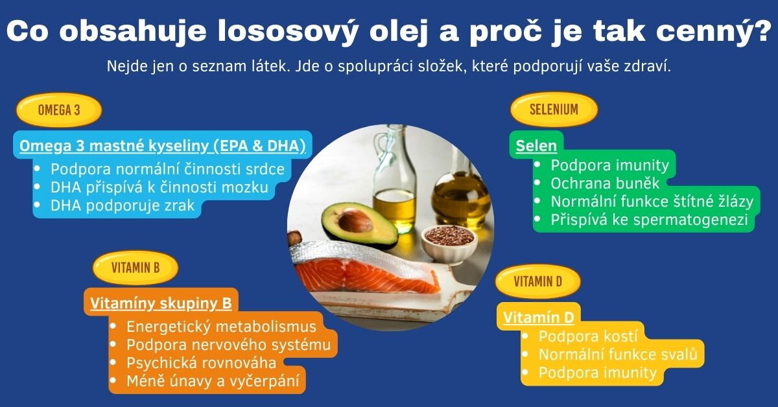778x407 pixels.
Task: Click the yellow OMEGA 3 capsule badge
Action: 59,110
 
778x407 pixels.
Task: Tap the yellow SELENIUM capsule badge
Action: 554,110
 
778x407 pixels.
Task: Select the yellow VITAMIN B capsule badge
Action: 136,268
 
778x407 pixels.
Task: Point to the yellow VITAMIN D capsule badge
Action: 537,281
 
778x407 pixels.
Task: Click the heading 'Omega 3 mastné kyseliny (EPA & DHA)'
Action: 163,146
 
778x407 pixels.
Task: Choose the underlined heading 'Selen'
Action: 536,146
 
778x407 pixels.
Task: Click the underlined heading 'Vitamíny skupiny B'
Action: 161,303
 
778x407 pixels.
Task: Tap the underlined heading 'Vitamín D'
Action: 539,318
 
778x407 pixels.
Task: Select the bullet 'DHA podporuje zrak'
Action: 123,205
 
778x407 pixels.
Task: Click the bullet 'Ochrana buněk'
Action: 605,183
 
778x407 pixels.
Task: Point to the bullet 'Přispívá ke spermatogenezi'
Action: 649,220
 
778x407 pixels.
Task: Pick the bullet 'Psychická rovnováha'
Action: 202,363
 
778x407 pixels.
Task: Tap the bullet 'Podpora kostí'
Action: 588,336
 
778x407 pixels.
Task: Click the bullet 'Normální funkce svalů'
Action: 618,355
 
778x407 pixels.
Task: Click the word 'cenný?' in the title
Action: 713,31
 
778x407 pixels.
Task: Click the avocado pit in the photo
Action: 355,222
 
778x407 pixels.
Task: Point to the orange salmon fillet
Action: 364,277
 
